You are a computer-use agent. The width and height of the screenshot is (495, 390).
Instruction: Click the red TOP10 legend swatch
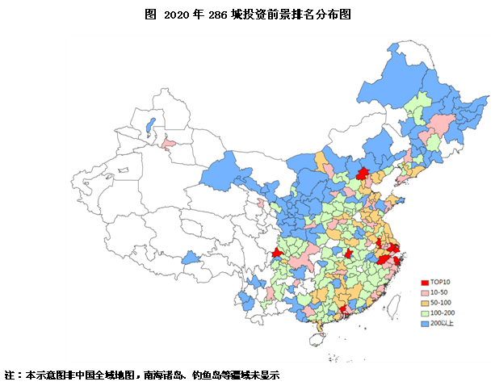424,280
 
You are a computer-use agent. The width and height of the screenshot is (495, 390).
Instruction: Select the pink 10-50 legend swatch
424,291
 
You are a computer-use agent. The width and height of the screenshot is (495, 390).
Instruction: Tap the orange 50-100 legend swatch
424,301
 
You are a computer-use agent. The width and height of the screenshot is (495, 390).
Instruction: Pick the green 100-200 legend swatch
424,312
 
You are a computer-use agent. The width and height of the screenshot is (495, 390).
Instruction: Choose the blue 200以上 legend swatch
424,322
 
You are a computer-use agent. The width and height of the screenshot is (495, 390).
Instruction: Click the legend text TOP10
440,280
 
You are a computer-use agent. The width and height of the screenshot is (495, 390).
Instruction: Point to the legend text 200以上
442,322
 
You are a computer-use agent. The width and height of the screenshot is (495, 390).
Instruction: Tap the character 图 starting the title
149,15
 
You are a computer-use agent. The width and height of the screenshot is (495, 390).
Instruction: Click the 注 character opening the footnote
9,375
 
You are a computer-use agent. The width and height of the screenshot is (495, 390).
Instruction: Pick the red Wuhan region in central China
348,254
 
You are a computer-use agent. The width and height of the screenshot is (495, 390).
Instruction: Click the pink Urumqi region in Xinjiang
168,145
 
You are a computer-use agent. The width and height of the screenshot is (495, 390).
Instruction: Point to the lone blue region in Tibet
191,258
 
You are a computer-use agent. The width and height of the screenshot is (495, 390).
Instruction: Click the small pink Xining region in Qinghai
260,203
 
